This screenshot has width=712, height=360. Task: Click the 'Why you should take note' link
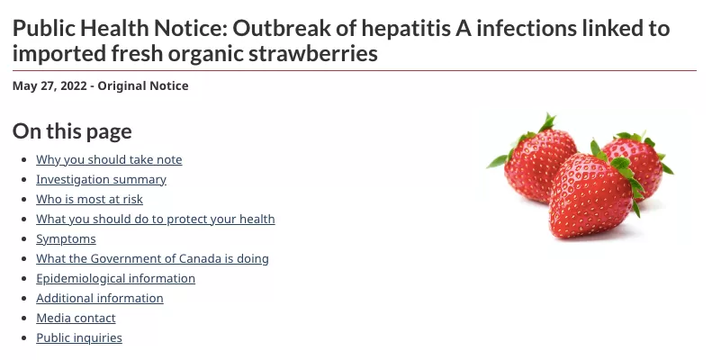(109, 160)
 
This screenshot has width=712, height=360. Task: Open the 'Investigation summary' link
(101, 180)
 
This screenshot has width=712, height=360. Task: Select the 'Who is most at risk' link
(89, 199)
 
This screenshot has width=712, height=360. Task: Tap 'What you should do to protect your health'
(156, 220)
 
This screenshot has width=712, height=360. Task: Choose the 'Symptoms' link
(66, 239)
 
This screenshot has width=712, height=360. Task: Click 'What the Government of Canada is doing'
(153, 259)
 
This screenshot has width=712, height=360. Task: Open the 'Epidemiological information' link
(116, 279)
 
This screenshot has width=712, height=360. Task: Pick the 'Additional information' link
(100, 298)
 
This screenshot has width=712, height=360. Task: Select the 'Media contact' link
(76, 319)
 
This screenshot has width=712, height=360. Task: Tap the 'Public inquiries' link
(79, 338)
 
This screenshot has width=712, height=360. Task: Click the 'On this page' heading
(72, 131)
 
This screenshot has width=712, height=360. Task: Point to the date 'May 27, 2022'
(50, 86)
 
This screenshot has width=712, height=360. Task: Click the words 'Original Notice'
(143, 85)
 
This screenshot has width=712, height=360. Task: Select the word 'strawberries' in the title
(318, 54)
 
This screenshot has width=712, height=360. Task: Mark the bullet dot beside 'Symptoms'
(24, 239)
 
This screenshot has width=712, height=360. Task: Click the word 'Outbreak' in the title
(281, 29)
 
